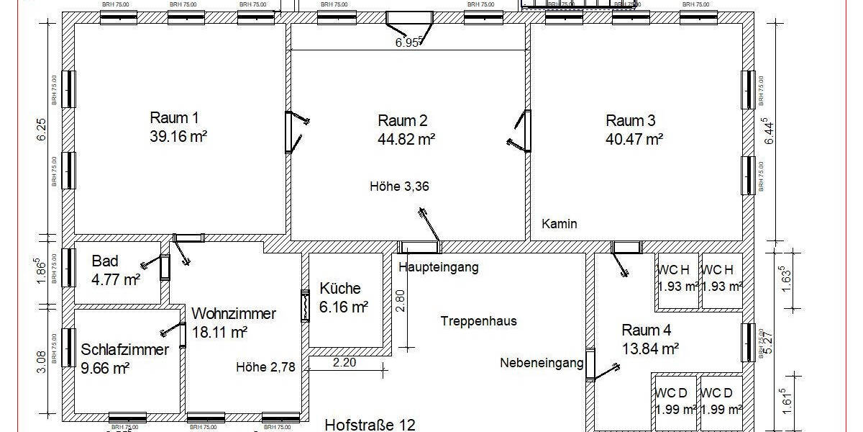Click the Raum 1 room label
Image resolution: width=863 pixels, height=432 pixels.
pyautogui.click(x=174, y=118)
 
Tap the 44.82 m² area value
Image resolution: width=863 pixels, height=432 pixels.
pyautogui.click(x=406, y=138)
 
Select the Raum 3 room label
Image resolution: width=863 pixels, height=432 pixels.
pyautogui.click(x=631, y=120)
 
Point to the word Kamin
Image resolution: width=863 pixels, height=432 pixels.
pyautogui.click(x=560, y=224)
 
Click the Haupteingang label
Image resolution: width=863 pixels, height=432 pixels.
pyautogui.click(x=438, y=267)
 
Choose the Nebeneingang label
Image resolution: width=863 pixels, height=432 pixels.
pyautogui.click(x=542, y=363)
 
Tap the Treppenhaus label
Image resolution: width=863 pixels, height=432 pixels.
pyautogui.click(x=479, y=321)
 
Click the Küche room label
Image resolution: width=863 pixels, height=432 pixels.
pyautogui.click(x=340, y=289)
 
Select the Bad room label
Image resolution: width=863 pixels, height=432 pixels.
pyautogui.click(x=105, y=261)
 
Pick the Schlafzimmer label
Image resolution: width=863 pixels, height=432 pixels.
pyautogui.click(x=125, y=351)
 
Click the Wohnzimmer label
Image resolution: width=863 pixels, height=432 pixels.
pyautogui.click(x=234, y=314)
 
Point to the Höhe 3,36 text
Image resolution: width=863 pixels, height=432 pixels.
pyautogui.click(x=400, y=186)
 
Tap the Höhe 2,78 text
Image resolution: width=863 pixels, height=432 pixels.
pyautogui.click(x=266, y=367)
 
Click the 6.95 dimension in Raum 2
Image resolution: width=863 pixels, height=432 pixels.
pyautogui.click(x=407, y=43)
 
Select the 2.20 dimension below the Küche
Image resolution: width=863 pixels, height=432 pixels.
pyautogui.click(x=344, y=363)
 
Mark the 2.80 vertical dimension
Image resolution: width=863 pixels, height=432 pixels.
pyautogui.click(x=401, y=300)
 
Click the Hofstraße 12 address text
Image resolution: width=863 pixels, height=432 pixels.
pyautogui.click(x=370, y=425)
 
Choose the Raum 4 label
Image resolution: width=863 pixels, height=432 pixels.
pyautogui.click(x=647, y=330)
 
